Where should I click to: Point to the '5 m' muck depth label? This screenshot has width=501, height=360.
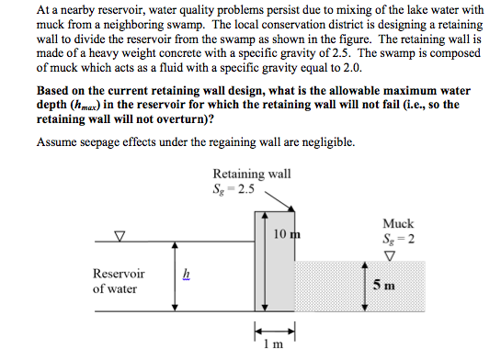(385, 284)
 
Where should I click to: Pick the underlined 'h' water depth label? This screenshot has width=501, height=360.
(186, 273)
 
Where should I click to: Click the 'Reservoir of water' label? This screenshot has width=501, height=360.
(119, 282)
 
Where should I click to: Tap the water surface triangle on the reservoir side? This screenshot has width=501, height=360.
(118, 236)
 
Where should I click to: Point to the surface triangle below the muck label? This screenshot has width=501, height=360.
(399, 253)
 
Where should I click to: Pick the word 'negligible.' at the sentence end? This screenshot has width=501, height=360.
(325, 142)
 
